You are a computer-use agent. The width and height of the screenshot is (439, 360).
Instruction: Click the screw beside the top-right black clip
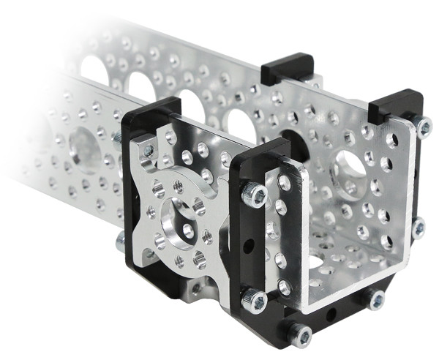point(423,127)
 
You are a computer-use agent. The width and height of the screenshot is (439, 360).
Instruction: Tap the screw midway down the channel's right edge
point(419,228)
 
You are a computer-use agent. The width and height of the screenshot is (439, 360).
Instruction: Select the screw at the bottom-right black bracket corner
point(377,299)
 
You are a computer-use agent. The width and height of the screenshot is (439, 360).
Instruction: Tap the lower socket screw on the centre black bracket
point(254,300)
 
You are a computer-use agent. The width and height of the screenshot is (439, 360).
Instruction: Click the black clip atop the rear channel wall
point(288,68)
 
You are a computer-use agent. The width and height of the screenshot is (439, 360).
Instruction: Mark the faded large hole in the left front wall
point(86,151)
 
